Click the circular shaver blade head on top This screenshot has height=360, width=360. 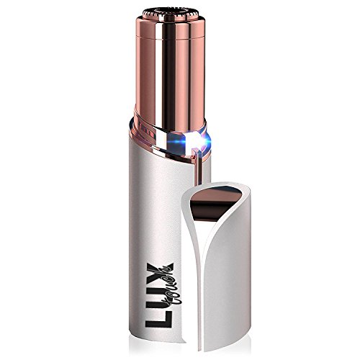171,14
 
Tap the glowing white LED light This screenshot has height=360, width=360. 197,141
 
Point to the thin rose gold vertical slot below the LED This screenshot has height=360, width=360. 197,168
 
